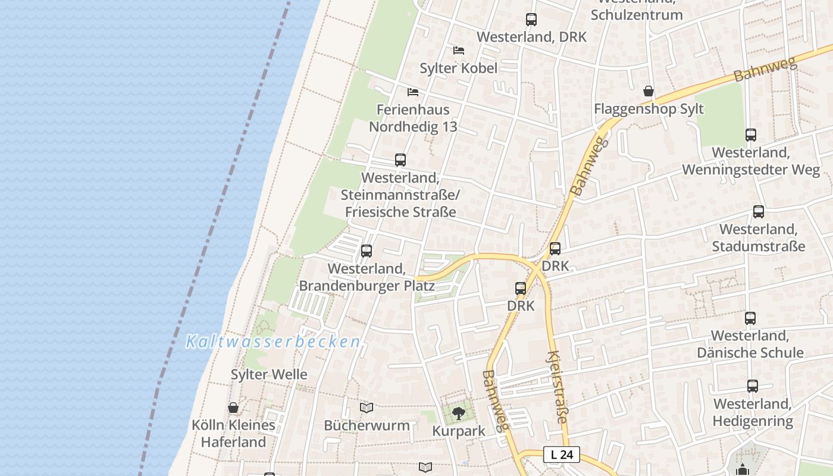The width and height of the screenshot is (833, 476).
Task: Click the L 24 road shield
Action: point(562,455)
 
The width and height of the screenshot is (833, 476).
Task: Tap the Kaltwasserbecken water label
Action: point(273,342)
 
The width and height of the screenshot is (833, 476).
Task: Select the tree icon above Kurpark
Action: point(458,413)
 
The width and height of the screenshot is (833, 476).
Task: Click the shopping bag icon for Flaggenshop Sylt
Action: point(649,91)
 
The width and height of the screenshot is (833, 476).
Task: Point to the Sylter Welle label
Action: point(269,374)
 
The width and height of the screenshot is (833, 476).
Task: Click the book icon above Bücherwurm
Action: point(367,408)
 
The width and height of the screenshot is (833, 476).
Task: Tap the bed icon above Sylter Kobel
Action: point(459,50)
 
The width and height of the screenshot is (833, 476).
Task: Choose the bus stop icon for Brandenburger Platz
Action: point(367,251)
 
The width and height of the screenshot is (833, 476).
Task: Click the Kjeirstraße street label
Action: point(557,387)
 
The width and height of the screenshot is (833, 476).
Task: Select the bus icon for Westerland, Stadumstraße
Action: point(759,211)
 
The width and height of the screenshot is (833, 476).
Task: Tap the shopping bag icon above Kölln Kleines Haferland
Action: point(233,408)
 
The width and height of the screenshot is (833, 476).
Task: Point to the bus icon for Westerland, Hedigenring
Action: point(753,386)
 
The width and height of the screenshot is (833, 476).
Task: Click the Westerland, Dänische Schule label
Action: point(750,344)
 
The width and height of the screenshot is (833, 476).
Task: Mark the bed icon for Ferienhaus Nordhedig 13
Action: point(413,92)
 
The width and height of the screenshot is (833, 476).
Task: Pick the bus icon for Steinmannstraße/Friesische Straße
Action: point(400,159)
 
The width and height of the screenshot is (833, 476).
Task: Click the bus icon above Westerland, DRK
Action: point(531,20)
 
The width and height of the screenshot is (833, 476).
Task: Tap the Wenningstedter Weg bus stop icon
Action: point(751,135)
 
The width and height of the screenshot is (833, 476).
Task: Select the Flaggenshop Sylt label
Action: point(649,109)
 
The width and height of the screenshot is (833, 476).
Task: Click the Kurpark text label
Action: point(459,431)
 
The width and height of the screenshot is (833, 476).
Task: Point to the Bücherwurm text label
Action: point(367,425)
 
